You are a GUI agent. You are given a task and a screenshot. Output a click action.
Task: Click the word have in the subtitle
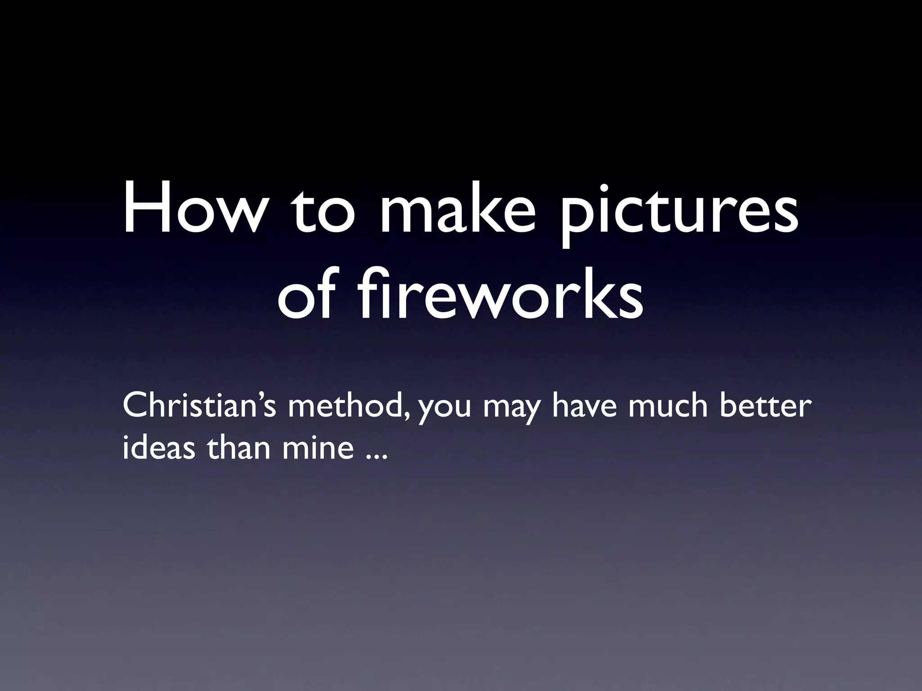583,406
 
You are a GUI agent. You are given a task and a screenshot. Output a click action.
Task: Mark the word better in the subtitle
766,406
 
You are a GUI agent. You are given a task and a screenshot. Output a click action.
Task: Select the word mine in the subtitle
318,449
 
